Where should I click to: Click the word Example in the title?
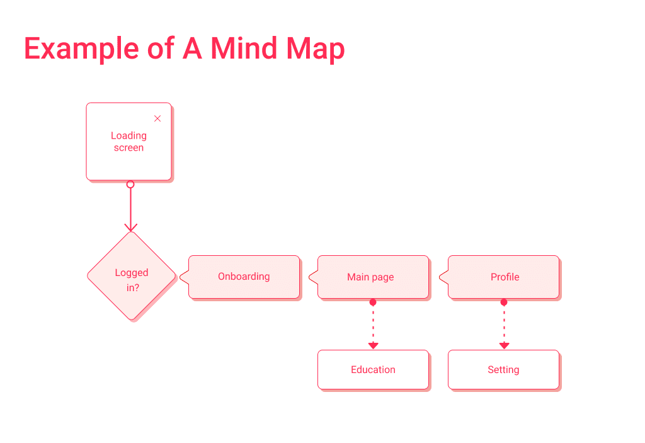(x=80, y=49)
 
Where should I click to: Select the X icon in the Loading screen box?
(x=157, y=118)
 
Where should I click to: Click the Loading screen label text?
(x=128, y=142)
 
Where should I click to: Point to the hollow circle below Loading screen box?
(x=130, y=185)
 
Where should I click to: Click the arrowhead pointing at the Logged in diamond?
(x=130, y=226)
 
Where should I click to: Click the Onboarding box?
(x=244, y=277)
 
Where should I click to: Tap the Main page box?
(x=372, y=277)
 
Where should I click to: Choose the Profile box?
(x=504, y=277)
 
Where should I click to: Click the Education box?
(x=373, y=370)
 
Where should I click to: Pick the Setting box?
(x=503, y=370)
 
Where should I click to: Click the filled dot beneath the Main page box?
(x=373, y=302)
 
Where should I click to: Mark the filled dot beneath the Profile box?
(x=504, y=302)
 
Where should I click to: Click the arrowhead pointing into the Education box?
(x=373, y=345)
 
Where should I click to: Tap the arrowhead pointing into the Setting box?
(x=504, y=345)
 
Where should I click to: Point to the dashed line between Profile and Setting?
(x=504, y=323)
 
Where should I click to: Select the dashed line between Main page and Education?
(x=373, y=323)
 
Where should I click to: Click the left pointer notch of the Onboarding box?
(x=183, y=277)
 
